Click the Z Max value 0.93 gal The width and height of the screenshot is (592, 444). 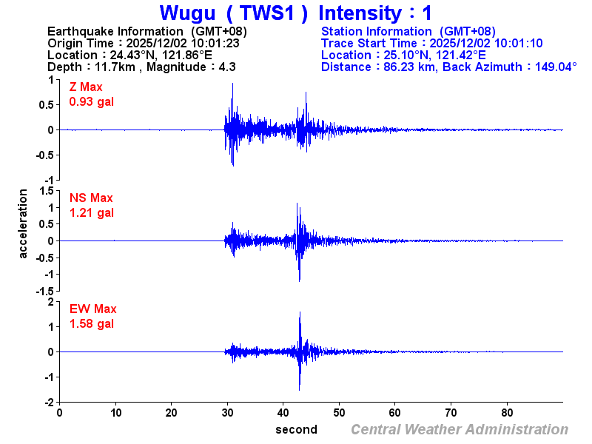point(91,102)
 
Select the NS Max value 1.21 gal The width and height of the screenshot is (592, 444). point(91,213)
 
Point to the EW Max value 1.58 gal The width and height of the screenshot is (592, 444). point(91,324)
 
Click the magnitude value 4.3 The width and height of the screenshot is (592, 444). point(226,67)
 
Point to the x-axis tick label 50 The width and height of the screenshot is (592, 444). point(339,413)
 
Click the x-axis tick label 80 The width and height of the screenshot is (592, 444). point(508,413)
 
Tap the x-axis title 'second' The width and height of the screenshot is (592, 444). point(296,429)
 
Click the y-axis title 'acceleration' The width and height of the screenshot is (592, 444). point(24,223)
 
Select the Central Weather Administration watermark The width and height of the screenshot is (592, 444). point(460,429)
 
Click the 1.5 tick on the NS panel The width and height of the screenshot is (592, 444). point(47,191)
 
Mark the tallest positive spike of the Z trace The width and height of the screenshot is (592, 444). point(232,84)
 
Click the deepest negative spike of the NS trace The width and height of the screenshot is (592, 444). point(299,280)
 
